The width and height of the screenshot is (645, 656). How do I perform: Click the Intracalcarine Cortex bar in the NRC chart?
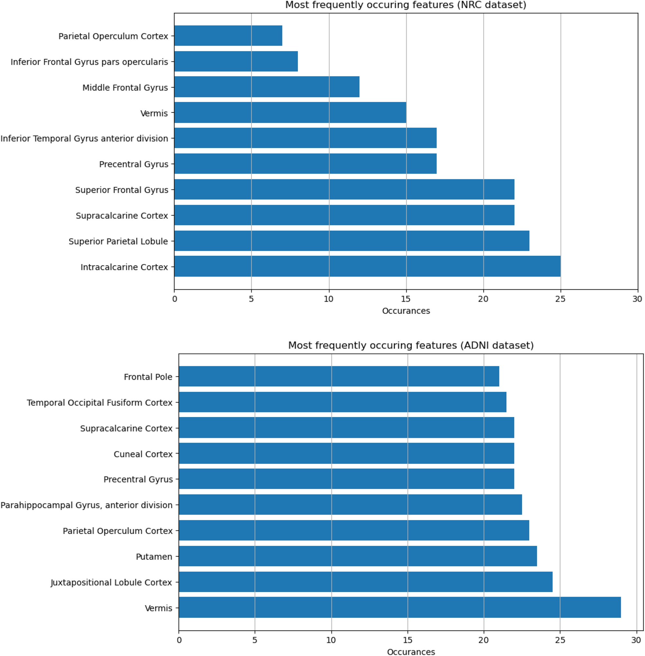tap(367, 267)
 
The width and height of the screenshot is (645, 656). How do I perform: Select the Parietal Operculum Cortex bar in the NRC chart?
tap(228, 36)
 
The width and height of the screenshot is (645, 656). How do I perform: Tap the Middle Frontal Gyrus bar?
tap(267, 87)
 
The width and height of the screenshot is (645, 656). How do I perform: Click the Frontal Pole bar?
tap(339, 376)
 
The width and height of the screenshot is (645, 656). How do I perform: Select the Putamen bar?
tap(358, 556)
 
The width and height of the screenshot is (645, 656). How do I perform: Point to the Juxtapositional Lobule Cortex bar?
tap(365, 582)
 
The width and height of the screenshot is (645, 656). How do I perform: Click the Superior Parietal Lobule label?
tap(118, 241)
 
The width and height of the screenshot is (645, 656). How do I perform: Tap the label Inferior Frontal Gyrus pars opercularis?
tap(89, 62)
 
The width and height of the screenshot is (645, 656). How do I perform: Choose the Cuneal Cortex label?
tap(143, 454)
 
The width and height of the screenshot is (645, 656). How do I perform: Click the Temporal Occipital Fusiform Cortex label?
tap(100, 402)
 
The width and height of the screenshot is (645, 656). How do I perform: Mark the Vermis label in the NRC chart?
tap(154, 113)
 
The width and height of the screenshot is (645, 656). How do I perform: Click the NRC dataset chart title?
tap(406, 5)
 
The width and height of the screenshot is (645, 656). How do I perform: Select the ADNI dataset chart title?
tap(411, 345)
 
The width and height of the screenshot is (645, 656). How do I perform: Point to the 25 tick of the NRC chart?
tap(560, 299)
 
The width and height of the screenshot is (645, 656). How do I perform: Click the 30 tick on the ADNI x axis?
tap(636, 640)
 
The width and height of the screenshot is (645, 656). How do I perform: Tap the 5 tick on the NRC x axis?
tap(251, 299)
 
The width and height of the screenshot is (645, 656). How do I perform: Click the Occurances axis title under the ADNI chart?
tap(411, 652)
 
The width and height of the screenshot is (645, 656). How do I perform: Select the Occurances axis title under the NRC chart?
tap(406, 311)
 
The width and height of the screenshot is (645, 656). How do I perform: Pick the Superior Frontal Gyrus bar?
tap(344, 189)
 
